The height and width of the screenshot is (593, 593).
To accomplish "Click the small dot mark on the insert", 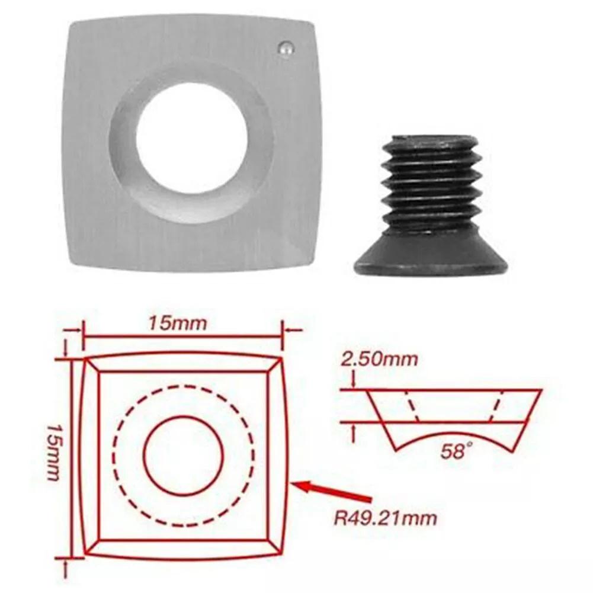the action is pos(286,49).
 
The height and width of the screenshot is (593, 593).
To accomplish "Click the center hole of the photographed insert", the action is pos(192,137).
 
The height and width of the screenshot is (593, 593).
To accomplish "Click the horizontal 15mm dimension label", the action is pos(178,323).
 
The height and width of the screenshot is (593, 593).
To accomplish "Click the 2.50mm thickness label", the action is pos(379,359).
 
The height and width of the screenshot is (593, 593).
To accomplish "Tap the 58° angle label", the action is pos(457,451).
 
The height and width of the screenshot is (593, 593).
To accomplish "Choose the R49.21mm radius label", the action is pos(385,518).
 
